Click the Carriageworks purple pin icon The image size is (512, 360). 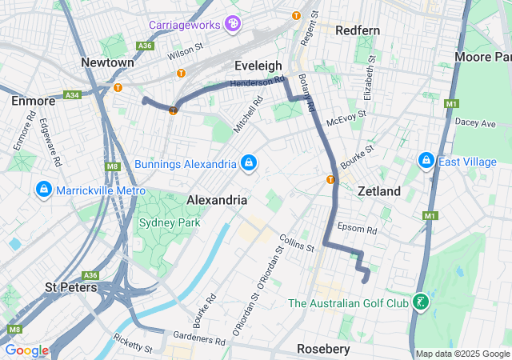point(233,23)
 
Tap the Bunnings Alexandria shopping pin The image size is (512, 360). point(249,163)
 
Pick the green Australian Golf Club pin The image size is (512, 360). point(420,302)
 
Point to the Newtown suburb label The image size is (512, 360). point(107,62)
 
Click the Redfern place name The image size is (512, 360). point(358,30)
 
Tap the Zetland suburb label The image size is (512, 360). point(378,192)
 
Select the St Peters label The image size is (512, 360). point(70,286)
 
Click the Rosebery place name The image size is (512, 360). point(323,349)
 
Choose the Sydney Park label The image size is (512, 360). point(170,222)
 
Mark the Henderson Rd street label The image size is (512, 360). point(258,82)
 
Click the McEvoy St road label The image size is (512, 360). point(346,118)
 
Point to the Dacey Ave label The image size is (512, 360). point(475,123)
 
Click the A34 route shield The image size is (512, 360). point(73,94)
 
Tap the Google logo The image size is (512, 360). point(26,350)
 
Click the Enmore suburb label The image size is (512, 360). point(33,101)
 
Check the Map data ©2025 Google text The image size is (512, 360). point(462,354)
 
